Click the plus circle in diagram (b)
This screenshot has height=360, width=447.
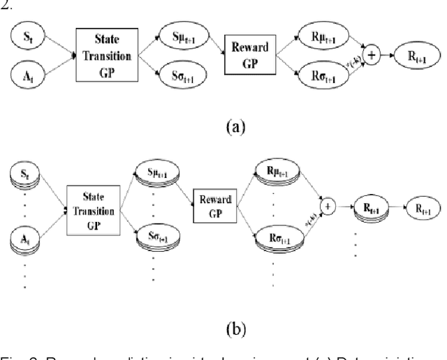click(x=326, y=207)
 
